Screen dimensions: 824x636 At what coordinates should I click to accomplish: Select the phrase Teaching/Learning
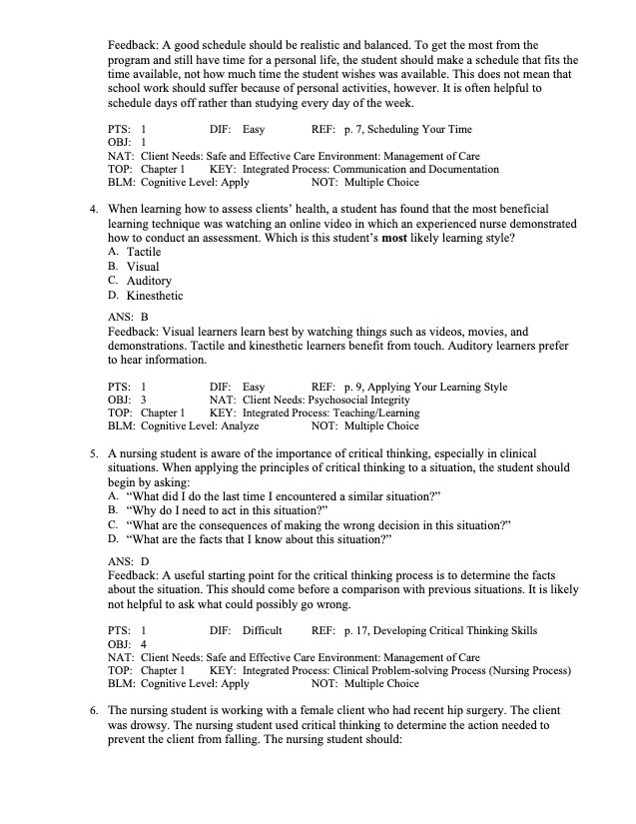click(x=374, y=412)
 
